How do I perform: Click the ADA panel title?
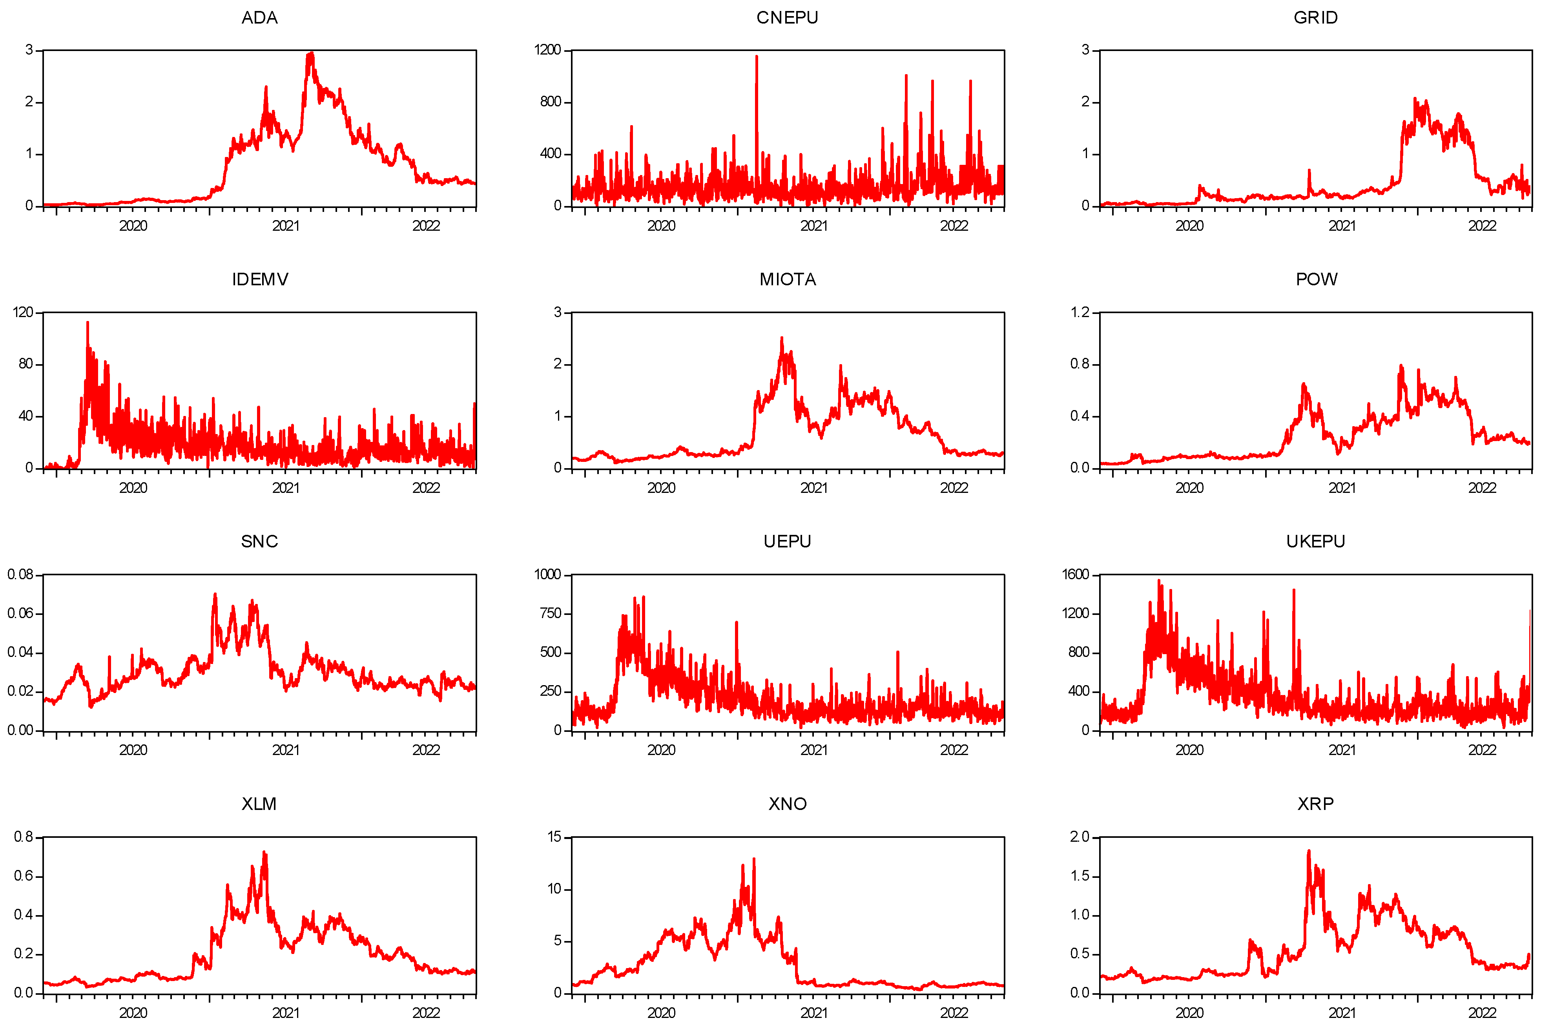pos(259,18)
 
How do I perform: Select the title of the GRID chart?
pos(1315,18)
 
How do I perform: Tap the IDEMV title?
pos(259,280)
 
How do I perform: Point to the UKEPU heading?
pos(1315,542)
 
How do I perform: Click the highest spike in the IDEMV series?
pos(88,322)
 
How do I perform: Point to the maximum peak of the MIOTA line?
pos(782,338)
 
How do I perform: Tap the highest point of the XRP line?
pos(1308,851)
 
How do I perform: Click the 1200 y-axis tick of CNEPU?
pos(548,50)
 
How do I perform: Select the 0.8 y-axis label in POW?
pos(1080,364)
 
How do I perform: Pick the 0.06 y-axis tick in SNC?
pos(20,613)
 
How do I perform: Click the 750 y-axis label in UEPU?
pos(550,613)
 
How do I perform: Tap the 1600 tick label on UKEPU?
pos(1076,575)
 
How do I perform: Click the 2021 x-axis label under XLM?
pos(286,1012)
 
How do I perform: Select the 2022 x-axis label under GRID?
pos(1481,226)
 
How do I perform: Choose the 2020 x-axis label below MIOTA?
pos(661,488)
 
